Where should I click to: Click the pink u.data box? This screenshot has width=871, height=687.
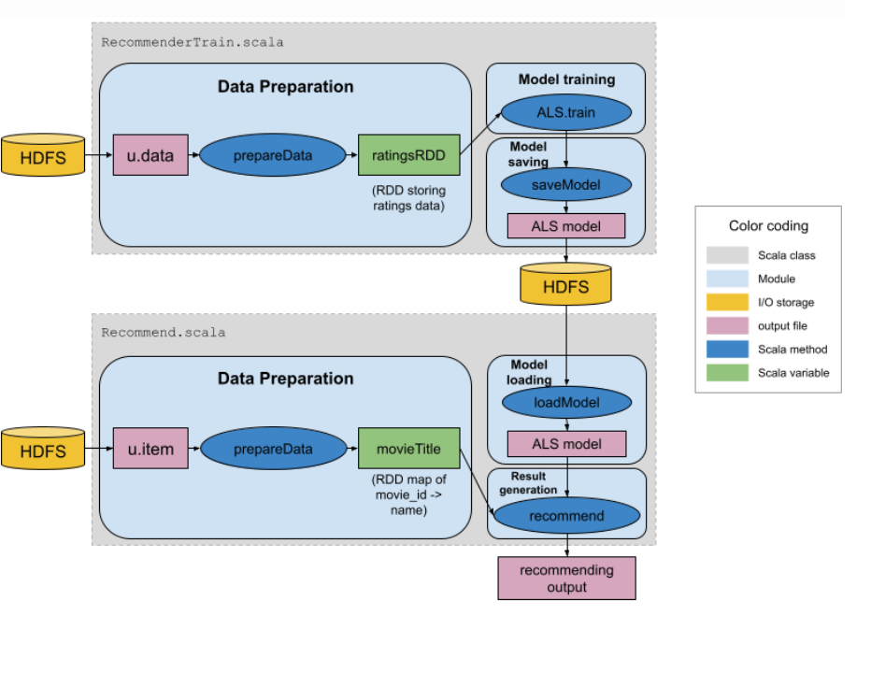point(150,155)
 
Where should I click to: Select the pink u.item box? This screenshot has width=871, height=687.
point(150,449)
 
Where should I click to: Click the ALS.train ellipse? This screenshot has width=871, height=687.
point(566,113)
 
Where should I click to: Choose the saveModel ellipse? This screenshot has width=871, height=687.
point(566,184)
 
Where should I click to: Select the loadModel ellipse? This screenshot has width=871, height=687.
point(566,403)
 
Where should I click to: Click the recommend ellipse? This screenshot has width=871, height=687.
point(566,516)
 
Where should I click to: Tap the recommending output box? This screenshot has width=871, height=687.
point(566,579)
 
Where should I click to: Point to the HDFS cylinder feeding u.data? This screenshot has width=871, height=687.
point(43,156)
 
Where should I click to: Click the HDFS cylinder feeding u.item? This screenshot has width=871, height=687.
point(43,450)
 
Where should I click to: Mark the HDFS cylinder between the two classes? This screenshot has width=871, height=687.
point(566,284)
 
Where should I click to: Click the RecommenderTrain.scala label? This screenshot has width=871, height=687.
point(192,42)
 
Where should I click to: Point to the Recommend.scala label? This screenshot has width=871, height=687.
point(163,332)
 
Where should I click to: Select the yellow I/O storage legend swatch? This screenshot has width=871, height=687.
point(727,302)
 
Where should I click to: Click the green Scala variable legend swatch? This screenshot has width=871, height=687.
point(727,373)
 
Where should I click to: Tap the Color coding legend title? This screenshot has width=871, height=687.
point(768,226)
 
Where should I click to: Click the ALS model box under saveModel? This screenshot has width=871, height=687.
point(566,226)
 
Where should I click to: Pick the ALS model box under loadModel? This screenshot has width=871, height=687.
point(566,444)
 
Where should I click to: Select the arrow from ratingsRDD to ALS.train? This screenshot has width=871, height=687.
point(480,133)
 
